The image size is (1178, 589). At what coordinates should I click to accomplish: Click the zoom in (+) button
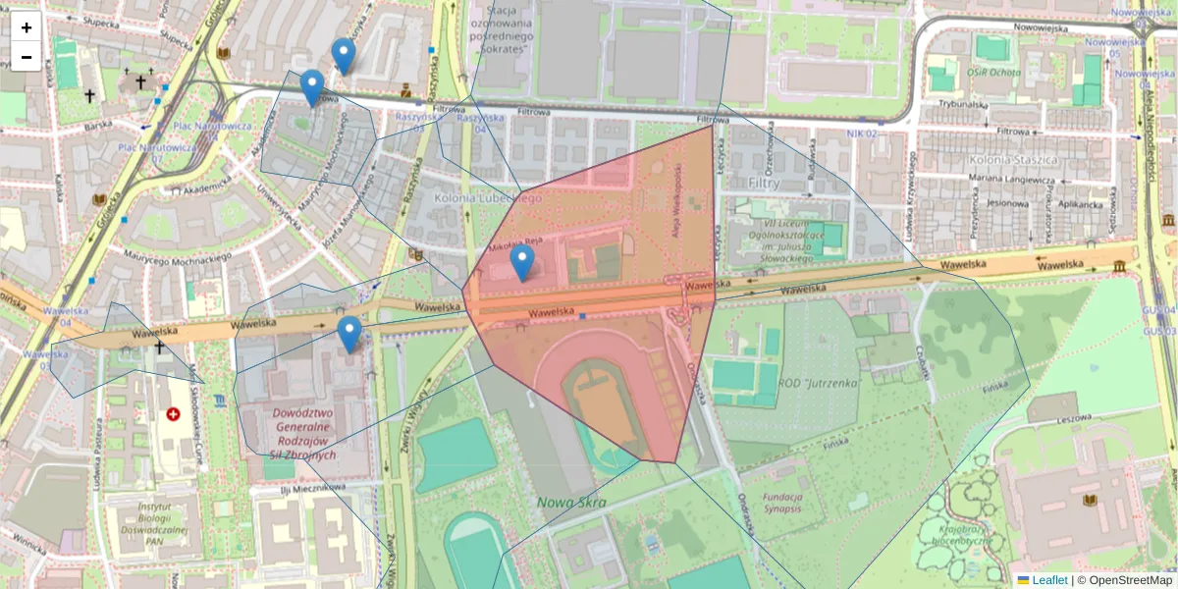tap(27, 27)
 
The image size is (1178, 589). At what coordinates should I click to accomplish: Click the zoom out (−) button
tap(27, 57)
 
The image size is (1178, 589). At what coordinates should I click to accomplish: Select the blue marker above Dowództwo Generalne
tap(349, 334)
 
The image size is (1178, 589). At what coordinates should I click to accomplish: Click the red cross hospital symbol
tap(174, 415)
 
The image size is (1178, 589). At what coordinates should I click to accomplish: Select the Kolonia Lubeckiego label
tap(488, 198)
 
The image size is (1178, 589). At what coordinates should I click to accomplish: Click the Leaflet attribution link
tap(1048, 580)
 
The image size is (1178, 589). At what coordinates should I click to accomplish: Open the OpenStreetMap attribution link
tap(1129, 580)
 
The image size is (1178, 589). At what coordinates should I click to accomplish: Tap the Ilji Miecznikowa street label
tap(313, 488)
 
